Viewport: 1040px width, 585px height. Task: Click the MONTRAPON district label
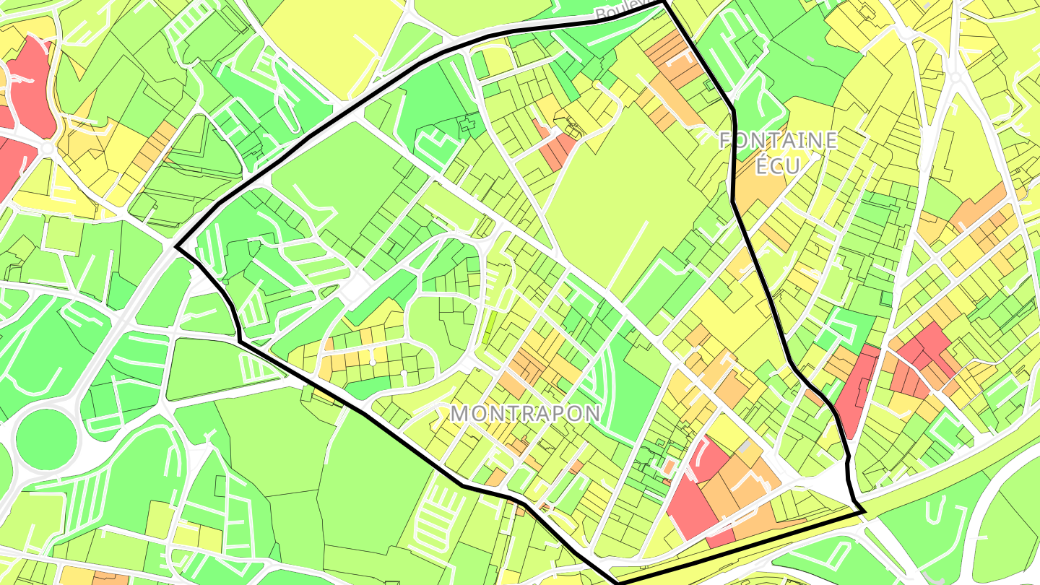click(x=525, y=413)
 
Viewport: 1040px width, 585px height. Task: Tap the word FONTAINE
click(x=778, y=140)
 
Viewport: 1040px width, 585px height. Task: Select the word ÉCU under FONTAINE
click(x=778, y=165)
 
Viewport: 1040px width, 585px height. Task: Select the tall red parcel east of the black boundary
click(x=857, y=390)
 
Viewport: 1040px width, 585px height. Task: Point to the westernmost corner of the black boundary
click(x=176, y=247)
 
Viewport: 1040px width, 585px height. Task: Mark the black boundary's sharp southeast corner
click(x=864, y=512)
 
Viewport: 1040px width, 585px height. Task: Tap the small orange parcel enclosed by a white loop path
click(x=671, y=466)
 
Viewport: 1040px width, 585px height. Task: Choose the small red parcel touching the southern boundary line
click(x=719, y=538)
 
